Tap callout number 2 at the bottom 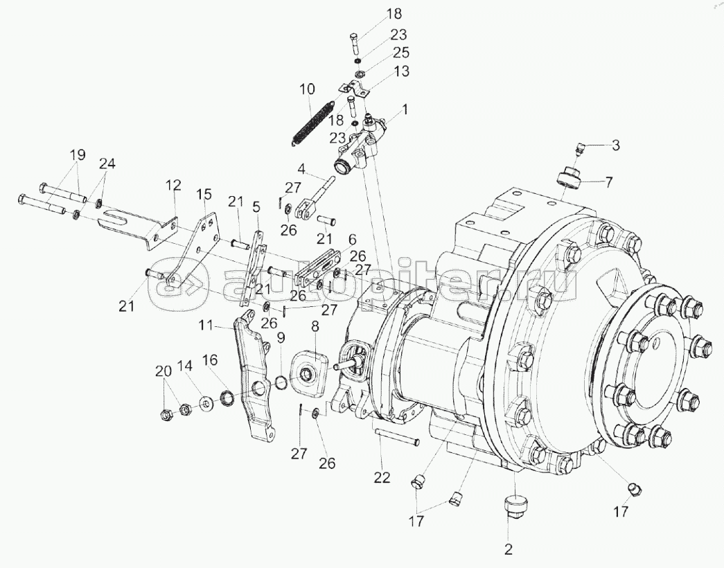[x=509, y=549]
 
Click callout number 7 [x=608, y=182]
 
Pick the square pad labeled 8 [x=308, y=373]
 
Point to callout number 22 [x=382, y=477]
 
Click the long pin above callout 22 [x=396, y=436]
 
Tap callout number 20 [x=164, y=371]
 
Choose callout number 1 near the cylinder [x=405, y=110]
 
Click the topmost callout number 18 [x=394, y=13]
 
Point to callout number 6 [x=352, y=239]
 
